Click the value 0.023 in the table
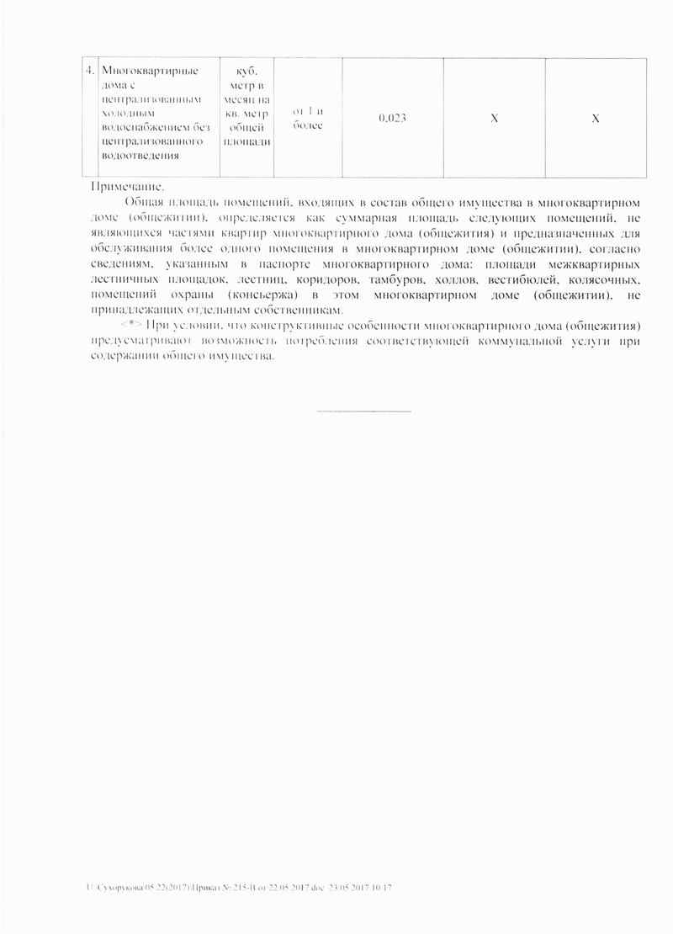click(393, 119)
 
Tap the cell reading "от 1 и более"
click(307, 119)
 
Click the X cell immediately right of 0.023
click(495, 119)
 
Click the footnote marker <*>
click(131, 325)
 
